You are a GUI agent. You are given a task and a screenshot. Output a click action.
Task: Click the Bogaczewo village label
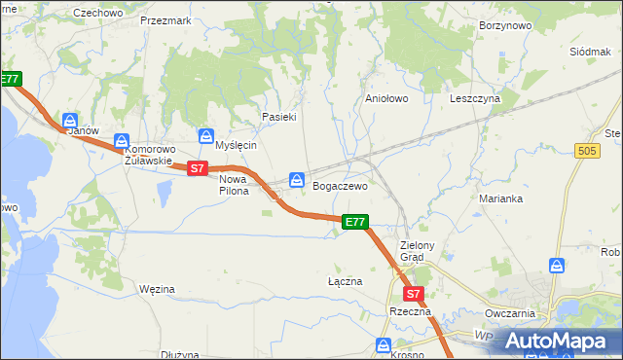pyautogui.click(x=340, y=185)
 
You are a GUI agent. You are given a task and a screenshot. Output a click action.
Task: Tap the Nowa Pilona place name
pyautogui.click(x=234, y=185)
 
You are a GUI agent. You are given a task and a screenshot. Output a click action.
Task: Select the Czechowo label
pyautogui.click(x=98, y=13)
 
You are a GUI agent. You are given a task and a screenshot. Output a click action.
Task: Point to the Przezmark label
pyautogui.click(x=162, y=19)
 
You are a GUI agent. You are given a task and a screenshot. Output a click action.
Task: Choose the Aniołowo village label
pyautogui.click(x=385, y=98)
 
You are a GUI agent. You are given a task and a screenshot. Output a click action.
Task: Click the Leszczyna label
pyautogui.click(x=475, y=98)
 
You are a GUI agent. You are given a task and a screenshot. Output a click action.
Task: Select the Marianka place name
pyautogui.click(x=501, y=198)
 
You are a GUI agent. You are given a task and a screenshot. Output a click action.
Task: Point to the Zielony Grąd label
pyautogui.click(x=421, y=251)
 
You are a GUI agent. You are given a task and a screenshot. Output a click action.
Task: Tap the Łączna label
pyautogui.click(x=345, y=281)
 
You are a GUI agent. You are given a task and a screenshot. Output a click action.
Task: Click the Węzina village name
pyautogui.click(x=157, y=289)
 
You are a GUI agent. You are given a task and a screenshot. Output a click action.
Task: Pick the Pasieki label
pyautogui.click(x=278, y=117)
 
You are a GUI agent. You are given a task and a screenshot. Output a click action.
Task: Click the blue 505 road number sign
pyautogui.click(x=586, y=150)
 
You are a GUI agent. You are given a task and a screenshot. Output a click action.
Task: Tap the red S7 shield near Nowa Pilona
pyautogui.click(x=198, y=168)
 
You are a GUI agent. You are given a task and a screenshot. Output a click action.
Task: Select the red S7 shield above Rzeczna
pyautogui.click(x=413, y=293)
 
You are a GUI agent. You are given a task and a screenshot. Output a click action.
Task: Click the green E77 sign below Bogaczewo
pyautogui.click(x=355, y=223)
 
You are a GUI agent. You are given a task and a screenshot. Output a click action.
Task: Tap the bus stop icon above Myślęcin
pyautogui.click(x=205, y=135)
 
